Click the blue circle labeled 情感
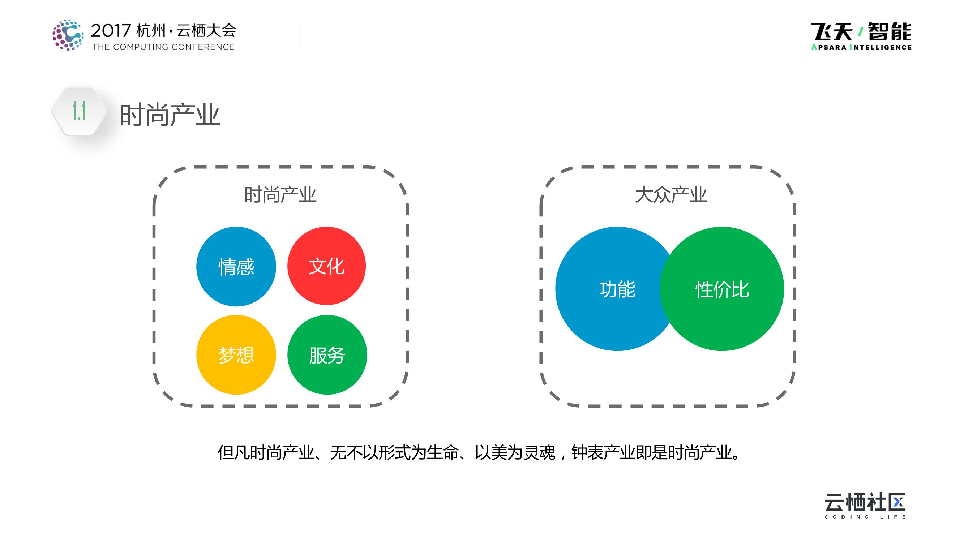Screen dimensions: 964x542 coord(236,266)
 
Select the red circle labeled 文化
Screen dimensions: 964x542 coord(326,266)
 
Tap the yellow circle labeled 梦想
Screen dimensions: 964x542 coord(236,354)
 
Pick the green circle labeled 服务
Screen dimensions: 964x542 coord(327,354)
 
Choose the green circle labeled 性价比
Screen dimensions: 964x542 coord(722,289)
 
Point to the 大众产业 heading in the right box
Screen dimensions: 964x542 coord(670,194)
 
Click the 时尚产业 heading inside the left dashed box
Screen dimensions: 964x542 coord(280,194)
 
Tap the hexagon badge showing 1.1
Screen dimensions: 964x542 coord(79,111)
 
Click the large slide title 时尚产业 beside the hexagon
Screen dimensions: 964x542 coord(170,115)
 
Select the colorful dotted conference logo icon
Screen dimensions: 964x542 coord(68,35)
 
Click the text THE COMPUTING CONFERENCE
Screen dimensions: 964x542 coord(163,47)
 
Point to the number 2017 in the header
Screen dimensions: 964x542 coord(111,31)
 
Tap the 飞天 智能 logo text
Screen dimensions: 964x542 coord(861,31)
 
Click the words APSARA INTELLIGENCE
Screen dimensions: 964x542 coord(861,47)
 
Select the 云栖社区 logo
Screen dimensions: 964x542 coord(865,502)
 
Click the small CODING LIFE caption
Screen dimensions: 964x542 coord(865,517)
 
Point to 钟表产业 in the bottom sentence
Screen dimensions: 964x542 coord(603,453)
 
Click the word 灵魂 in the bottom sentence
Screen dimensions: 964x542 coord(539,453)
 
